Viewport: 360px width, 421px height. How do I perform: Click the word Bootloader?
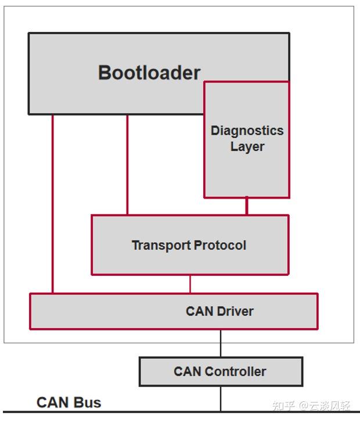coord(149,73)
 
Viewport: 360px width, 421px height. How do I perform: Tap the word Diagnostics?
coord(247,131)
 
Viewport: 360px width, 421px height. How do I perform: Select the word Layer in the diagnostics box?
coord(247,147)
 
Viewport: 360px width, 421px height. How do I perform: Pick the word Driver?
coord(235,311)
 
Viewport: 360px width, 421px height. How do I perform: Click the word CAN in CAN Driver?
coord(199,311)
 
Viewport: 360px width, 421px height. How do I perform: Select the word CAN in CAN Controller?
coord(187,372)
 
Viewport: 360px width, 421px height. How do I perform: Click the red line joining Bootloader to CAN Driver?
coord(52,203)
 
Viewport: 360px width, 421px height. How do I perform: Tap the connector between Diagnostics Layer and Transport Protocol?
coord(247,206)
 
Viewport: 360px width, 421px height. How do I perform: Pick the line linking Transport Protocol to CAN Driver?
coord(190,284)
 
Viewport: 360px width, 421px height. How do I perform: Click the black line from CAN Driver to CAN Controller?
coord(221,343)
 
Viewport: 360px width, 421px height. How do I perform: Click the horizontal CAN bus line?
coord(145,412)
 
